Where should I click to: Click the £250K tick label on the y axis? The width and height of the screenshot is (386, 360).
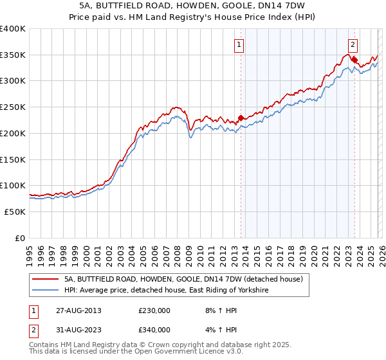[x=13, y=107]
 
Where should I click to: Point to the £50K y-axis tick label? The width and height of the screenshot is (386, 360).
[x=15, y=212]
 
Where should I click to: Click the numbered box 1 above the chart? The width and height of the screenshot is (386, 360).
[x=239, y=44]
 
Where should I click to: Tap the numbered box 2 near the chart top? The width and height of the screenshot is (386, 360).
[x=353, y=44]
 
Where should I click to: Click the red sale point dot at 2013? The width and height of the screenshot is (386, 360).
[x=241, y=118]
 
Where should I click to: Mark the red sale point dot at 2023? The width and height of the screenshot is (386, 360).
[x=354, y=60]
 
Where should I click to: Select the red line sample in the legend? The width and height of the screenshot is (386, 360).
[x=46, y=280]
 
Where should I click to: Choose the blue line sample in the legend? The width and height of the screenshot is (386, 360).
[x=46, y=291]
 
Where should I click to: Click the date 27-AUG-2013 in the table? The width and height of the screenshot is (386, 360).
[x=78, y=310]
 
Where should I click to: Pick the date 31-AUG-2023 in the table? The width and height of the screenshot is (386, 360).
[x=78, y=330]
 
